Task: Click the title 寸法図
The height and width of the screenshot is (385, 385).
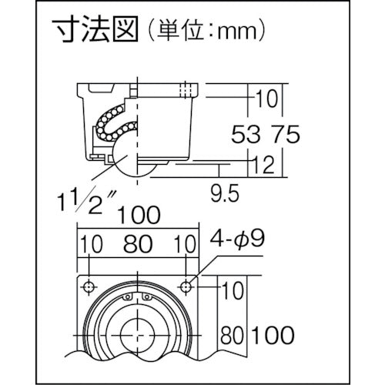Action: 95,29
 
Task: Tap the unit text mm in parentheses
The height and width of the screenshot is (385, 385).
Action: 237,32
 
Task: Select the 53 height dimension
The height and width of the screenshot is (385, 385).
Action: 246,134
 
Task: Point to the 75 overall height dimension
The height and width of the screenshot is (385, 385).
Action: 285,134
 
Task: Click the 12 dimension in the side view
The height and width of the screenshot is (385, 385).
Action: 263,164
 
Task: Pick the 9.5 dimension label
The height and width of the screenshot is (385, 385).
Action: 225,192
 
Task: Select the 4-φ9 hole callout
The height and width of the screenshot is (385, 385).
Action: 237,239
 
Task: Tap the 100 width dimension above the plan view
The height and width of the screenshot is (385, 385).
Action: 139,215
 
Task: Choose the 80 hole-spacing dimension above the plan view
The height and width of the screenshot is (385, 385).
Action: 138,244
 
